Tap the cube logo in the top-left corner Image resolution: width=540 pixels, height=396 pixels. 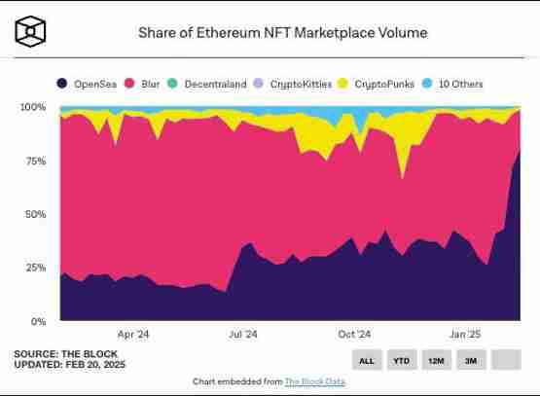(30, 32)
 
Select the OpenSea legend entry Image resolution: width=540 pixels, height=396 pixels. (88, 85)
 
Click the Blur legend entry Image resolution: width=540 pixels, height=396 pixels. (143, 85)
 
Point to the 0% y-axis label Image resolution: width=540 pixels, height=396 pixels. (38, 321)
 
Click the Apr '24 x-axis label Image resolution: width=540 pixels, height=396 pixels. (132, 334)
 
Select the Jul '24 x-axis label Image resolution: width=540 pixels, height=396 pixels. (242, 334)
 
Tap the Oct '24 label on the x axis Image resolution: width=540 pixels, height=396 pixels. (353, 334)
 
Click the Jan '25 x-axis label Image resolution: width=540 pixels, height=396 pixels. (463, 334)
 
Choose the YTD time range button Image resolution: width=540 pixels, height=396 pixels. (400, 361)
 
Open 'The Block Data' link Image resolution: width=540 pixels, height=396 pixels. (314, 381)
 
